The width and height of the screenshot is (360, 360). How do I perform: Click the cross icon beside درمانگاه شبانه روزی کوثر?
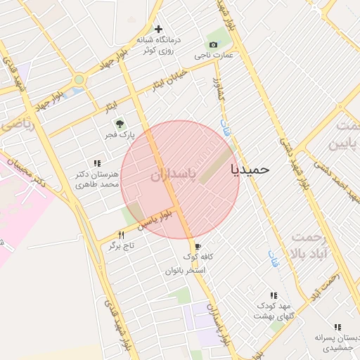click(159, 30)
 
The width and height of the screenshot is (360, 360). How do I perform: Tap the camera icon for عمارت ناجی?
click(213, 44)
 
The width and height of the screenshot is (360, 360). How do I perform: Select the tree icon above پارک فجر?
click(119, 123)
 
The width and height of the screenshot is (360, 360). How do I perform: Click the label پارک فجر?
click(119, 134)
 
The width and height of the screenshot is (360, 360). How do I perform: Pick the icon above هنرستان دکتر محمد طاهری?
click(97, 163)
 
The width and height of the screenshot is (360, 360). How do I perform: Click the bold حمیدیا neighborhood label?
click(250, 169)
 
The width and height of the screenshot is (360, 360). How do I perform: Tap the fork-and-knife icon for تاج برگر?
click(121, 235)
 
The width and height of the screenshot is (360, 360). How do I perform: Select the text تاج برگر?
click(120, 245)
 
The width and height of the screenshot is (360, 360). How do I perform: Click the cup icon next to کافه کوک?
click(197, 247)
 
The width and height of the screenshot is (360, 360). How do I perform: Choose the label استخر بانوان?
click(185, 270)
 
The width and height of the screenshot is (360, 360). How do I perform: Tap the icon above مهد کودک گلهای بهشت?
click(274, 295)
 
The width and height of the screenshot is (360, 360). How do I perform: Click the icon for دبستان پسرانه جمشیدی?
click(338, 327)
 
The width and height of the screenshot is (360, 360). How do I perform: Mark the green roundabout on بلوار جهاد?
click(77, 81)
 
